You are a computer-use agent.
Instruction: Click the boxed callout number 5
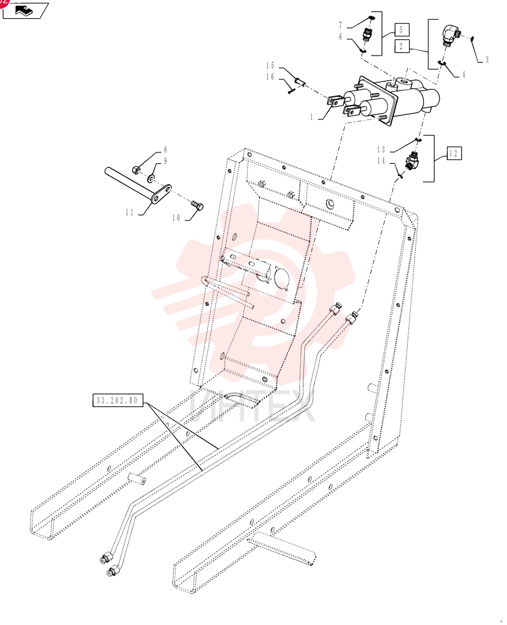401,29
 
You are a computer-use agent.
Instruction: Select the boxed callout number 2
401,46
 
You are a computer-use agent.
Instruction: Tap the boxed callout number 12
454,154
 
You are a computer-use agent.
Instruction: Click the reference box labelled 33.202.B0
118,400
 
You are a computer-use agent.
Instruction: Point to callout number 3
486,60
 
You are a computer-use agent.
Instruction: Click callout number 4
463,74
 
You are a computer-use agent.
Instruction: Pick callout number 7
340,26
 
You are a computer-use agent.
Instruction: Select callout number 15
270,66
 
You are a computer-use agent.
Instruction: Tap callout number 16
270,76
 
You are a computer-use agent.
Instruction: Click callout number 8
165,150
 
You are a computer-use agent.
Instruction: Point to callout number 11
130,212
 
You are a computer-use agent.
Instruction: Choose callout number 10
177,217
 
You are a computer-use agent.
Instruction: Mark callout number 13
381,149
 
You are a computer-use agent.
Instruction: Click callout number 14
381,161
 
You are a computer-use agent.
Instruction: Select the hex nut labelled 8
136,170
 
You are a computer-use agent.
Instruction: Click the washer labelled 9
152,177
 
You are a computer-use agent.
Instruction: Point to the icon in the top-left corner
26,10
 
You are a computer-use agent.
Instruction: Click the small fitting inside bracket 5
367,35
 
